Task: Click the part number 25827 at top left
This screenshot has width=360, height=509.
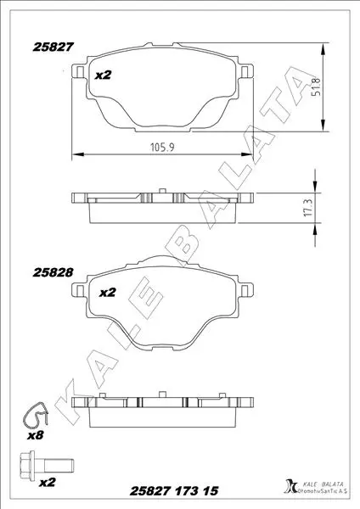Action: click(53, 47)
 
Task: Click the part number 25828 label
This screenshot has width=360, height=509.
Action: click(53, 272)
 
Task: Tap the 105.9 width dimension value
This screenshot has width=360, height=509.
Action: click(162, 148)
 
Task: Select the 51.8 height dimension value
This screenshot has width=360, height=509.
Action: click(316, 87)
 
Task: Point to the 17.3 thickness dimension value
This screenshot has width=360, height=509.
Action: click(309, 208)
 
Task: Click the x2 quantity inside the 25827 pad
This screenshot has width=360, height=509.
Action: click(103, 76)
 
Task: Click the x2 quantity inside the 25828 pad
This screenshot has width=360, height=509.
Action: click(108, 293)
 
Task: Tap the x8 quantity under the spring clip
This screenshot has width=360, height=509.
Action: click(35, 435)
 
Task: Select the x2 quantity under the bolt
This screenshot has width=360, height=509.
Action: click(48, 483)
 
